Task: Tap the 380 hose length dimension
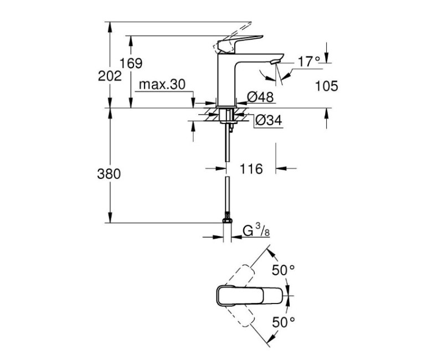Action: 109,173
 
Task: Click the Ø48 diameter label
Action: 260,97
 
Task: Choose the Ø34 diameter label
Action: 269,120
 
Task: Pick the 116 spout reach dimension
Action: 251,168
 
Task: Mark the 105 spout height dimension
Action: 327,85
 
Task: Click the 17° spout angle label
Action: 309,61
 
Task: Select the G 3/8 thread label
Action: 255,230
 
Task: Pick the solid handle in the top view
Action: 249,294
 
